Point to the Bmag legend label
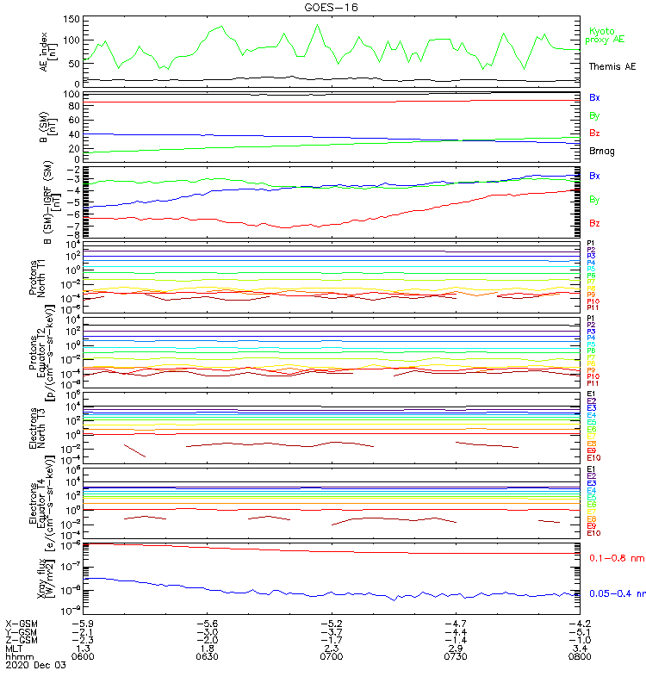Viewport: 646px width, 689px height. coord(601,150)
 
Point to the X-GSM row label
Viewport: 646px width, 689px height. coord(22,623)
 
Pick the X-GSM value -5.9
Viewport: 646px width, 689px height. coord(83,623)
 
